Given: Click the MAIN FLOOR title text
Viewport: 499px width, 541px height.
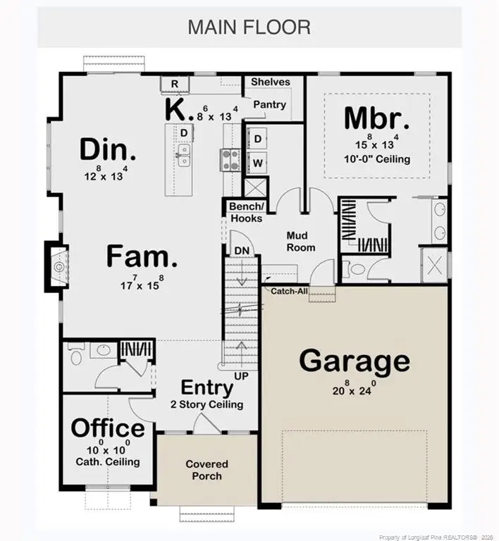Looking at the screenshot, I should (x=249, y=27).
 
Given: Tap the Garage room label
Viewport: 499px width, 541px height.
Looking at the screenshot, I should (x=355, y=361).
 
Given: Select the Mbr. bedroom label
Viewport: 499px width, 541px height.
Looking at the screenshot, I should (x=376, y=118).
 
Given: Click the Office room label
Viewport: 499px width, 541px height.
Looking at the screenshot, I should (x=108, y=428).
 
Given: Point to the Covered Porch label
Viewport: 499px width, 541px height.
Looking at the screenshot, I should (x=207, y=470).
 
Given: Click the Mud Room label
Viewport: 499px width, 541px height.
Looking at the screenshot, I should (x=300, y=242).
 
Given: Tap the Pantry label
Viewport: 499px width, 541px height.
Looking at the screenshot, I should (x=269, y=105).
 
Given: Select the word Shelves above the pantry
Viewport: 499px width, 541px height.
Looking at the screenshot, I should (x=270, y=82).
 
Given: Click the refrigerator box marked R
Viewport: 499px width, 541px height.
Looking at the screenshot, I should (x=175, y=85).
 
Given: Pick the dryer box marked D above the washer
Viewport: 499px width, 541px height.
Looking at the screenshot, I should (x=258, y=139).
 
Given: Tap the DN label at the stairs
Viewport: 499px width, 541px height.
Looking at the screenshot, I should (x=242, y=250).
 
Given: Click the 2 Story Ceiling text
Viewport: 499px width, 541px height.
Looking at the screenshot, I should (x=207, y=404).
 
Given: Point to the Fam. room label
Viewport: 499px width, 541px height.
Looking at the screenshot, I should (x=142, y=257).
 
